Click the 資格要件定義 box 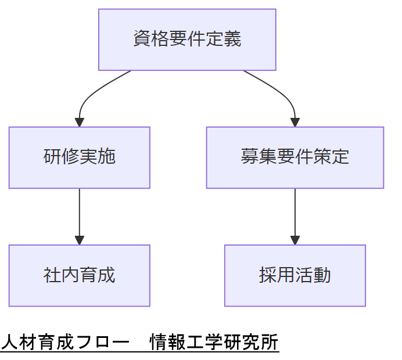tap(187, 39)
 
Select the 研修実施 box tap(80, 157)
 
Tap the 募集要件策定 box tap(295, 157)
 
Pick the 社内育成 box tap(80, 275)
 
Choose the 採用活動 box tap(295, 275)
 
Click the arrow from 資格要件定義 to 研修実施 tap(93, 93)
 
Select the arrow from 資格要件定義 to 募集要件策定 tap(282, 93)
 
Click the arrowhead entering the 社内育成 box tap(80, 240)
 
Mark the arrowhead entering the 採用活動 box tap(295, 240)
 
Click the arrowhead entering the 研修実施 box tap(80, 123)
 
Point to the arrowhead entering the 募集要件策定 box tap(295, 123)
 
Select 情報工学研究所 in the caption tap(214, 341)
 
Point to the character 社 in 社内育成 tap(52, 275)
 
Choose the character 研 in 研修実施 tap(52, 157)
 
